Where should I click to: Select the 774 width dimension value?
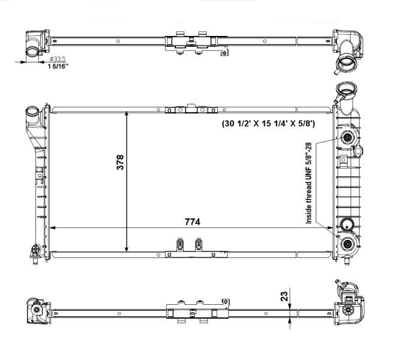pos(192,221)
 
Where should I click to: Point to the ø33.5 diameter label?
pos(58,59)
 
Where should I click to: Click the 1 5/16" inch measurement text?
pos(58,67)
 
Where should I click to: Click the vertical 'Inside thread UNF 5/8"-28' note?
pos(309,184)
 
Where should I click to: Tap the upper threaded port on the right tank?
pos(348,139)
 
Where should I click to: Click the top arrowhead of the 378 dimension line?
pos(127,115)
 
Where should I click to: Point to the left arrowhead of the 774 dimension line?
pos(53,228)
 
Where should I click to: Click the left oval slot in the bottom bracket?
pos(179,244)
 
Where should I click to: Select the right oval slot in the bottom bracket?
pos(199,244)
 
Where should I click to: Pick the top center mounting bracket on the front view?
pos(191,109)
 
